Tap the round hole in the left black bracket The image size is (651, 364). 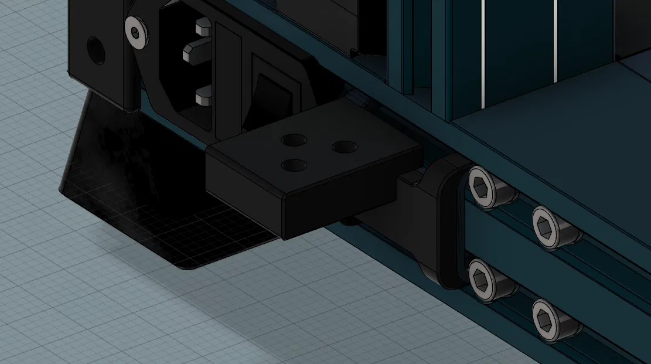pyautogui.click(x=96, y=51)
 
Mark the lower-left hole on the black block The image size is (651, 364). pyautogui.click(x=294, y=166)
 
